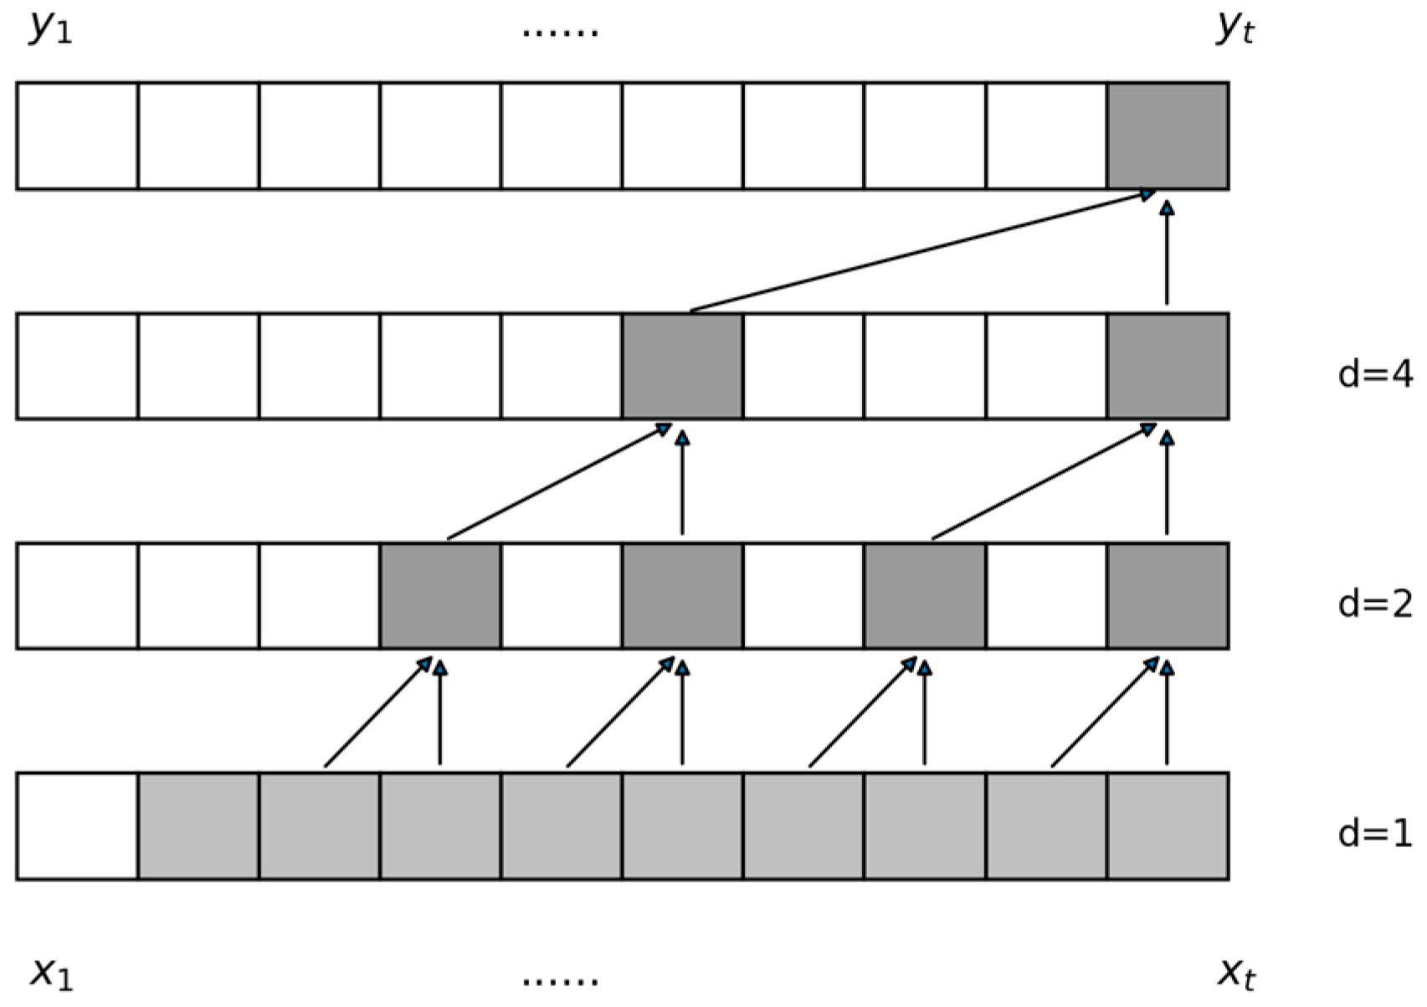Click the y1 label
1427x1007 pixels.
(51, 29)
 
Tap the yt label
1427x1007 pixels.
(1235, 29)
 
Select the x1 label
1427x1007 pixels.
(52, 974)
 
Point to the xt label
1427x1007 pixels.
(1236, 974)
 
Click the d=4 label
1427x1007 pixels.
(1375, 374)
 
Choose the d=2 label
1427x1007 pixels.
(1375, 604)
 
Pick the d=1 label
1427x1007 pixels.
(1375, 834)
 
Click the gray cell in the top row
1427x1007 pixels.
(1168, 136)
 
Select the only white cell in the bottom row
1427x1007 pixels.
(77, 826)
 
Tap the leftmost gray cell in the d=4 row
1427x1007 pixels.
(682, 366)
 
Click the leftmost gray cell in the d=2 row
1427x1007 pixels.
(440, 596)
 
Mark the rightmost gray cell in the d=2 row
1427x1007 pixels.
(1168, 596)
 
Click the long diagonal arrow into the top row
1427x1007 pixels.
(923, 250)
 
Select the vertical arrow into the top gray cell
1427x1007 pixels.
(1167, 253)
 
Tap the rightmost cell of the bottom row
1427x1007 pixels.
(1168, 826)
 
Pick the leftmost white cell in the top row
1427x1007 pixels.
(77, 136)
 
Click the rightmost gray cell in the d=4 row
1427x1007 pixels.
(1168, 366)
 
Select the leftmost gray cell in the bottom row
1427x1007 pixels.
(198, 826)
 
